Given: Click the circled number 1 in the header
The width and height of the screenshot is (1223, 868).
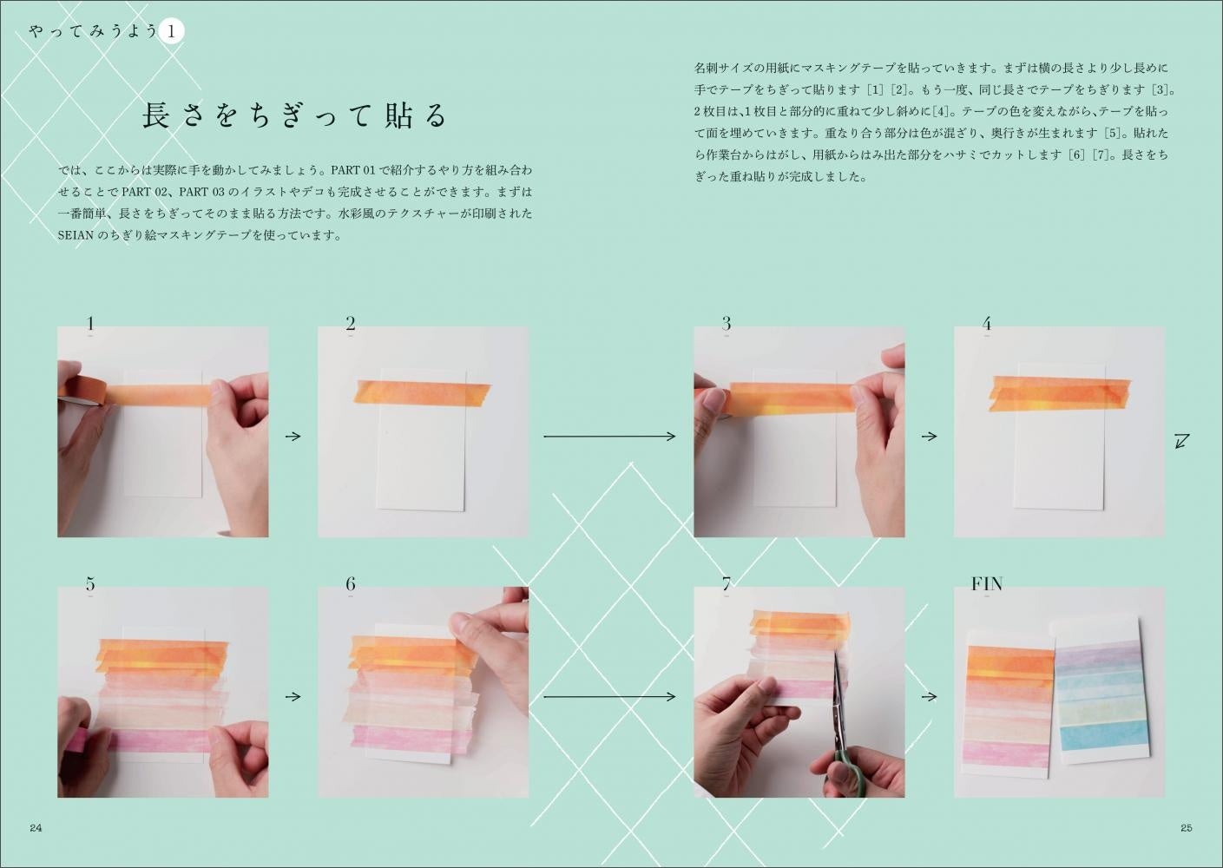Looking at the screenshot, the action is click(x=171, y=31).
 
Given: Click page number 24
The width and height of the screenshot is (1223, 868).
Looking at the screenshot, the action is click(x=36, y=828).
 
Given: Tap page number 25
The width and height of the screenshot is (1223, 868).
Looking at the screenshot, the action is click(x=1187, y=828).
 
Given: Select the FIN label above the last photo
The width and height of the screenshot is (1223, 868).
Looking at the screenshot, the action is click(x=987, y=584).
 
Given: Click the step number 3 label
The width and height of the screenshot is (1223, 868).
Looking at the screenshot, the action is click(x=727, y=324).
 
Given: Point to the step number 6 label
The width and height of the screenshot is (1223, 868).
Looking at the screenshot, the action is click(x=351, y=584).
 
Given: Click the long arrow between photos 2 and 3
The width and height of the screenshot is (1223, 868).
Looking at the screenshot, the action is click(x=609, y=437).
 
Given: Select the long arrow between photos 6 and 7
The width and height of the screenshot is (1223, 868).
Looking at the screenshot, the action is click(x=609, y=697).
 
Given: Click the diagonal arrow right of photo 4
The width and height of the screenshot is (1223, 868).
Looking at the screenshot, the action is click(x=1182, y=441).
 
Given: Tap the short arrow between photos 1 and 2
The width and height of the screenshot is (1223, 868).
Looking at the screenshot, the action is click(x=293, y=437).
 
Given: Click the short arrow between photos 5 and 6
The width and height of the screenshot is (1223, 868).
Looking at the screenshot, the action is click(x=293, y=697).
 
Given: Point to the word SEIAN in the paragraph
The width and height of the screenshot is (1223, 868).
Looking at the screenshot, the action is click(x=76, y=235).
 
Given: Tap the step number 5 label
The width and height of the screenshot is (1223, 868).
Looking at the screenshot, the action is click(x=90, y=584).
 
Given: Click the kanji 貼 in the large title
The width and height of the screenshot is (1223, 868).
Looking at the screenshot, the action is click(x=398, y=115).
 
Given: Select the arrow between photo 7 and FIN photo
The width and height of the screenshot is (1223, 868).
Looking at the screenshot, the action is click(x=930, y=697).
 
